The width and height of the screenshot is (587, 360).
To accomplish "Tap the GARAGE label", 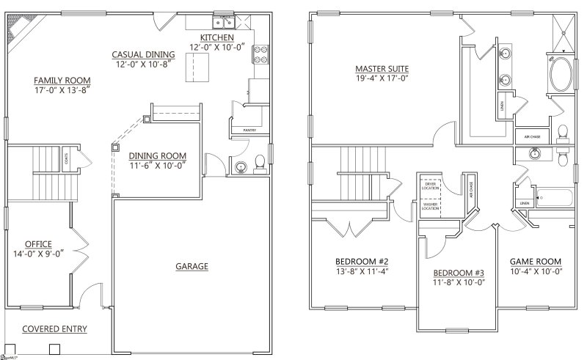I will [192, 265].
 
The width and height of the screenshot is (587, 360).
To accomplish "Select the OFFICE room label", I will [37, 243].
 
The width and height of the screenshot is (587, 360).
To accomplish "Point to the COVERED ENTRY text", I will [54, 328].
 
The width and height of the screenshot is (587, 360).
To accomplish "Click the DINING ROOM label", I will [157, 155].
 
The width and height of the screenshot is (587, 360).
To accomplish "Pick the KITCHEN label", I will [217, 37].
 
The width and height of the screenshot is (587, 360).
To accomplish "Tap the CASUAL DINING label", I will [143, 54].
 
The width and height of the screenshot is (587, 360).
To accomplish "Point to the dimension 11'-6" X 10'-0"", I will [157, 166].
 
